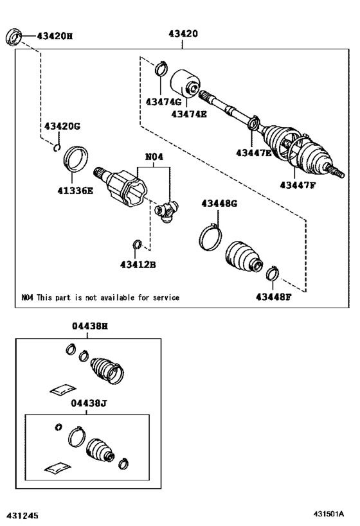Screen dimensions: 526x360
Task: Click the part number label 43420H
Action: click(55, 36)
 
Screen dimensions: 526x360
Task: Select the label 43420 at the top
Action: click(183, 33)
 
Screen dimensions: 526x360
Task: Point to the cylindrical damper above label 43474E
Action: click(185, 82)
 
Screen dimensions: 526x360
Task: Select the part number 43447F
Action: click(297, 185)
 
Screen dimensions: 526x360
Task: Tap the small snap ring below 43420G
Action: click(57, 150)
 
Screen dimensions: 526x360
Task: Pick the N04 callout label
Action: click(154, 155)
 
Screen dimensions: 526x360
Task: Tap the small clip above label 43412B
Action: click(136, 243)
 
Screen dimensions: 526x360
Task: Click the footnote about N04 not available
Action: click(100, 297)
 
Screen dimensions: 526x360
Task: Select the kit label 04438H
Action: click(89, 326)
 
